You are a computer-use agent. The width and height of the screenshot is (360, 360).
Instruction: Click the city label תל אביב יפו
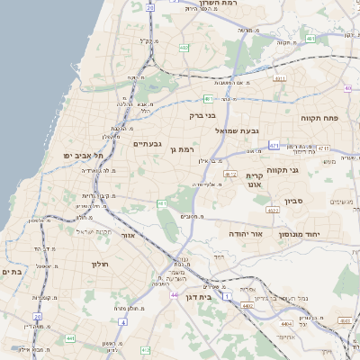83,156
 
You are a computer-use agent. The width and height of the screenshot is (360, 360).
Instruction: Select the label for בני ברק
203,115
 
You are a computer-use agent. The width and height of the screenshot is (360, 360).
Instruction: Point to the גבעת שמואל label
237,131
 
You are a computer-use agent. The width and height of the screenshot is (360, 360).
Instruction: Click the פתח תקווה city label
319,118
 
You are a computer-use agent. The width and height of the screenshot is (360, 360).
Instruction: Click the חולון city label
99,264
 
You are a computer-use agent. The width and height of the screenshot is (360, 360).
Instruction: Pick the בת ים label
11,272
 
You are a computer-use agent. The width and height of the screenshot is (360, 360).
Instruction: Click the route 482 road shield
184,48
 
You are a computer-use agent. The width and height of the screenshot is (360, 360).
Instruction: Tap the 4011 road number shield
280,78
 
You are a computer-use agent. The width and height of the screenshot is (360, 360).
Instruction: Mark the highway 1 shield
228,296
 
